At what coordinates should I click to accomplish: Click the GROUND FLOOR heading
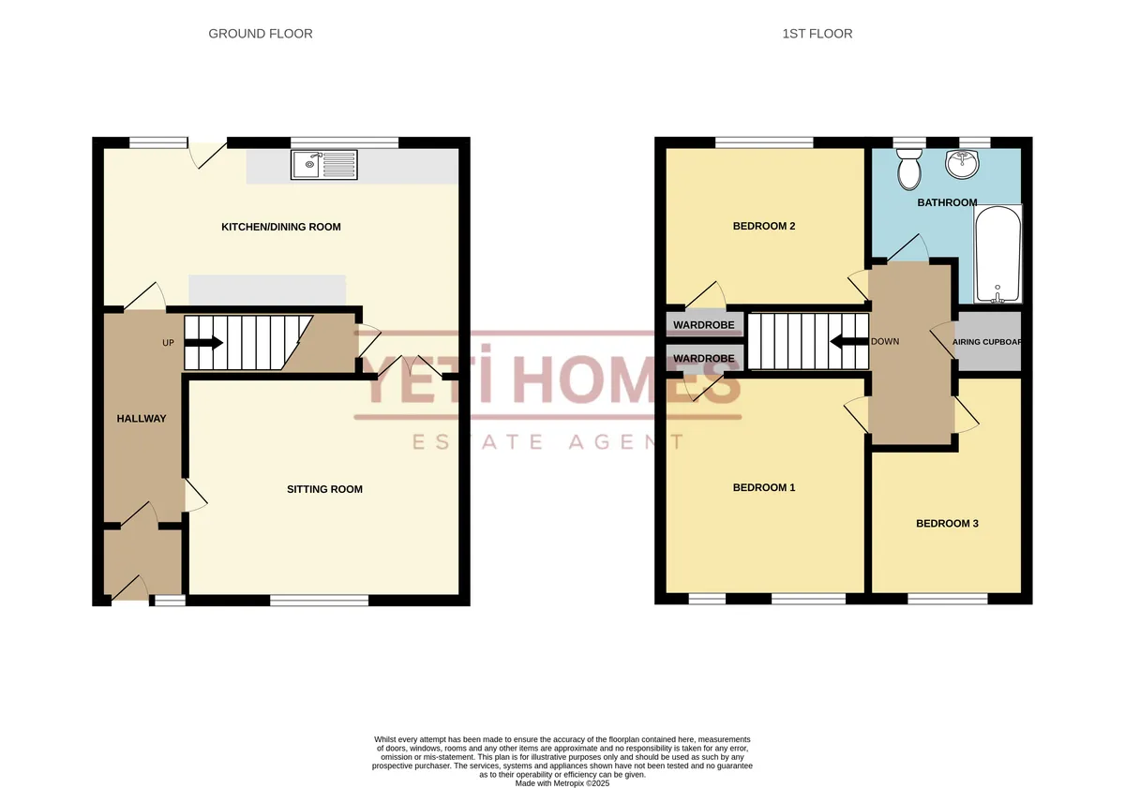261,34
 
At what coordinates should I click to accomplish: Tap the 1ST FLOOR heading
817,34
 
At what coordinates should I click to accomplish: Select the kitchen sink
324,165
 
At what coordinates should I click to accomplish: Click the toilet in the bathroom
909,169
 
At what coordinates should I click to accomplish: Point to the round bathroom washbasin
962,164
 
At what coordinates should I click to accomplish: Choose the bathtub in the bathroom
997,254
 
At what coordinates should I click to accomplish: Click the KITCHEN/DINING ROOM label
281,227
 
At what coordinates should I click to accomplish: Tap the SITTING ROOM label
324,489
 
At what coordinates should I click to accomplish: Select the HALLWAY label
142,419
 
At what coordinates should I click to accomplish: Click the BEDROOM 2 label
764,226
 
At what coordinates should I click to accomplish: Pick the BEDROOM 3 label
947,524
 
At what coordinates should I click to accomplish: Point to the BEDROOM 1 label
764,487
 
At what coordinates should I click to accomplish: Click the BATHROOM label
947,202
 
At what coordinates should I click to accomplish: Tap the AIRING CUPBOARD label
987,342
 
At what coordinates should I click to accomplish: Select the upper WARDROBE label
704,325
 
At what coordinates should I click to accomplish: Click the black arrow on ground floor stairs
204,343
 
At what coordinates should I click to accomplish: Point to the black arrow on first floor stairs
849,342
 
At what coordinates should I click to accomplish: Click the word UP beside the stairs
168,343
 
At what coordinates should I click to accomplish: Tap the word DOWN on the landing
885,341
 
